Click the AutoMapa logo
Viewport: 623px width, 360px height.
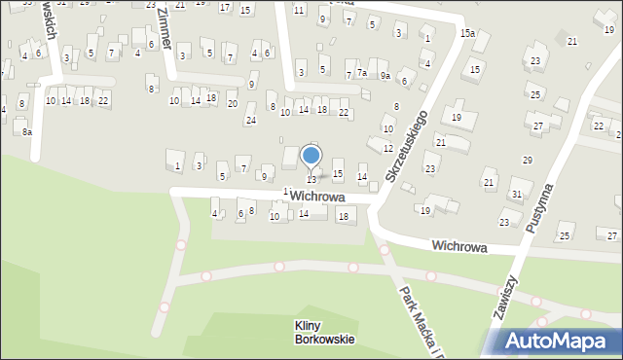[x=551, y=340]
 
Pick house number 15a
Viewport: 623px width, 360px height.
[x=468, y=33]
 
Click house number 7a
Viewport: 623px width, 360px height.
[x=361, y=73]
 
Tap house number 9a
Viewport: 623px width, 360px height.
[x=385, y=75]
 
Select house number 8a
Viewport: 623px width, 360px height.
[x=27, y=131]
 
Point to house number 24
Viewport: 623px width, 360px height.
[x=250, y=121]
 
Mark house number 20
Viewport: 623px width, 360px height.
[x=232, y=103]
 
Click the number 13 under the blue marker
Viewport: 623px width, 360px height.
[x=311, y=179]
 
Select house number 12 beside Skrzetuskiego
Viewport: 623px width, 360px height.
[x=388, y=148]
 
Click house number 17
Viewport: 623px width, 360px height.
[x=225, y=8]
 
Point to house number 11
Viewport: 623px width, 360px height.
[x=298, y=10]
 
